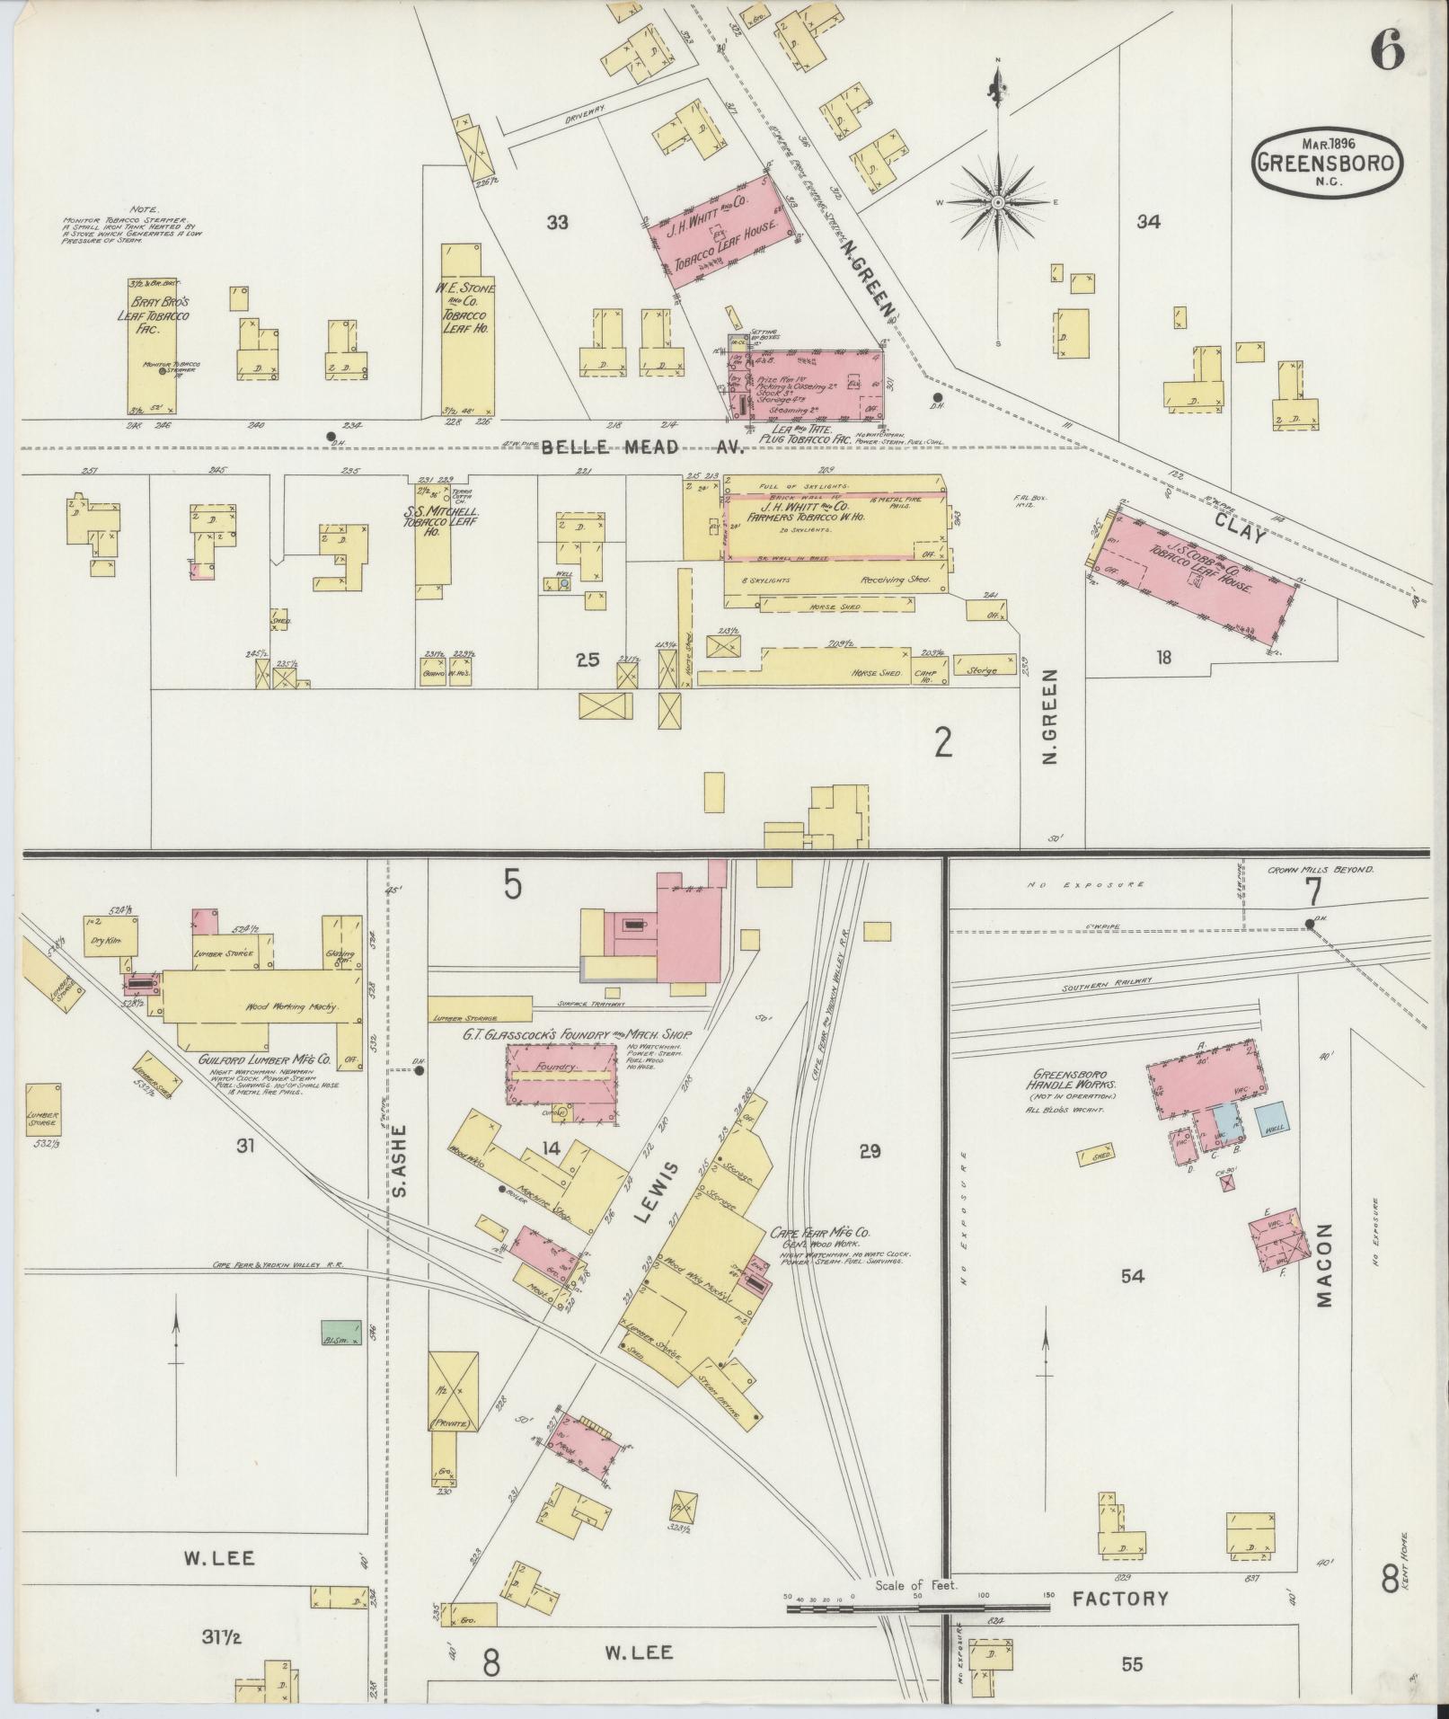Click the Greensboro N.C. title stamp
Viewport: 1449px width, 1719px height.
[x=1328, y=164]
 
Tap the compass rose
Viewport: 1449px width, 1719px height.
[x=997, y=203]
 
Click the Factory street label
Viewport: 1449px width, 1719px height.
[x=1120, y=1599]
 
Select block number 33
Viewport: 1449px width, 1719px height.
[x=557, y=222]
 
